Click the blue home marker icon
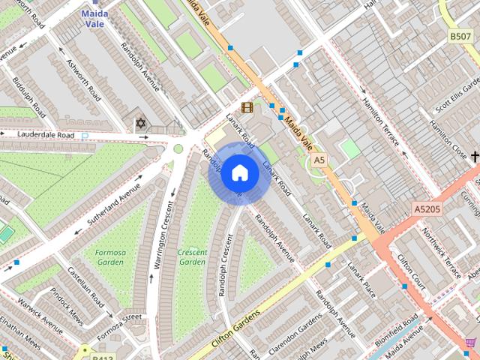point(239,172)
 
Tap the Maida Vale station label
point(95,18)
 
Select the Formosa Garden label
point(109,257)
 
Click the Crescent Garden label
point(192,257)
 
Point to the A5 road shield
point(320,160)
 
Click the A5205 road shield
point(427,209)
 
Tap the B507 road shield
point(460,36)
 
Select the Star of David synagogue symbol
point(139,121)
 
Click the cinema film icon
point(247,107)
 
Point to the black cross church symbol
point(474,156)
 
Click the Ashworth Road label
point(83,80)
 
